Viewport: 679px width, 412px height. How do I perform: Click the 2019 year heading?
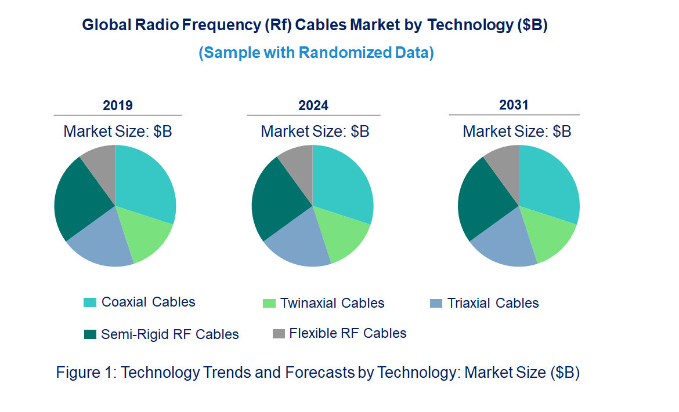coord(118,105)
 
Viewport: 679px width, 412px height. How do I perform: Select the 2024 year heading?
coord(313,105)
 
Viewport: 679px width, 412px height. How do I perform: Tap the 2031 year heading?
coord(514,105)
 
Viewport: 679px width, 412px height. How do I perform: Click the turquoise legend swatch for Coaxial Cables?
coord(90,302)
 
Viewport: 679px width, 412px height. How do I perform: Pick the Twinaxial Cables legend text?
coord(332,303)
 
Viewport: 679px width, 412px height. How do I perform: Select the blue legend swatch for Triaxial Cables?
coord(436,303)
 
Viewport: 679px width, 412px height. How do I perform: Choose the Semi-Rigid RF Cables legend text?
coord(169,334)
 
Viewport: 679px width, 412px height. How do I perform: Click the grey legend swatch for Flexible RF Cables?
coord(279,334)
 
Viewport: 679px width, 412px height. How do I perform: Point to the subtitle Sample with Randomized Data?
coord(316,53)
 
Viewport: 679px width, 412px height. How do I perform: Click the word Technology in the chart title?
coord(471,25)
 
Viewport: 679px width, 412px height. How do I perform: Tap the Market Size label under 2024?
coord(315,131)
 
